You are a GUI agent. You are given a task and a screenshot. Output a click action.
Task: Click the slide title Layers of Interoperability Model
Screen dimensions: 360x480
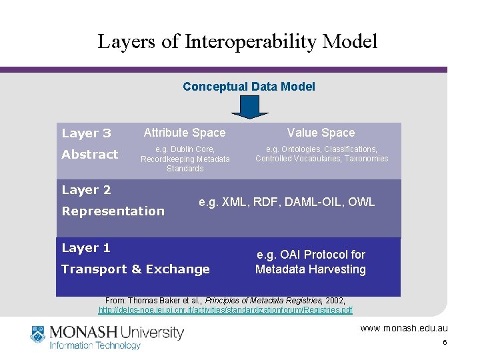(x=237, y=41)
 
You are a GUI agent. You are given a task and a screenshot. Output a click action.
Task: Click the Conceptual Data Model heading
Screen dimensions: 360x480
(x=249, y=87)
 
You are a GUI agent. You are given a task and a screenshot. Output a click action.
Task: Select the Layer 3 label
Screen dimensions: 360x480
(x=86, y=133)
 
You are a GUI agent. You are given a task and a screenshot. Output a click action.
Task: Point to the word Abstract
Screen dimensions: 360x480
(x=89, y=155)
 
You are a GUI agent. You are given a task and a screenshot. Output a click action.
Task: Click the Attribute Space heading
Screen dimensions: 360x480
(x=185, y=133)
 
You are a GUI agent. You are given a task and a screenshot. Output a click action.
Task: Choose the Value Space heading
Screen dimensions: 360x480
(x=321, y=133)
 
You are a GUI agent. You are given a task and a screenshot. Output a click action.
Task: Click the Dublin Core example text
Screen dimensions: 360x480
(x=185, y=159)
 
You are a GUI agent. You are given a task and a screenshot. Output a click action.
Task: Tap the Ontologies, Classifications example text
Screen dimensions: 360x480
(x=321, y=154)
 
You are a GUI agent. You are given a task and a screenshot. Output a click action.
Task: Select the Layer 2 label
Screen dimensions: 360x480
(x=86, y=190)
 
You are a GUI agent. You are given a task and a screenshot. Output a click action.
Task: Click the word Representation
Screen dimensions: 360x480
(x=113, y=211)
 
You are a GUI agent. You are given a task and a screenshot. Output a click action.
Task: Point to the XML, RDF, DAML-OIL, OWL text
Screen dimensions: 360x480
(x=287, y=201)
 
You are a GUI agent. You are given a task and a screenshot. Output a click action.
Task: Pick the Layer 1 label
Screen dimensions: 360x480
(x=86, y=248)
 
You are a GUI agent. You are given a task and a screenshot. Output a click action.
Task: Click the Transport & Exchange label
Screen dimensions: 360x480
(x=135, y=269)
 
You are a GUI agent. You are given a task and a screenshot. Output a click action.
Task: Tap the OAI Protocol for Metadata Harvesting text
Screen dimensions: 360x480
(x=311, y=262)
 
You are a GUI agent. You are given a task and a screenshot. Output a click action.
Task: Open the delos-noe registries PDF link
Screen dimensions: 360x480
(x=225, y=310)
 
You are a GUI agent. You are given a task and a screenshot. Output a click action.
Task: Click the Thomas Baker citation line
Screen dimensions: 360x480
(x=225, y=301)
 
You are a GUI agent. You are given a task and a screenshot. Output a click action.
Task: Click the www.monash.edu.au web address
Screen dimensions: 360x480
(x=404, y=328)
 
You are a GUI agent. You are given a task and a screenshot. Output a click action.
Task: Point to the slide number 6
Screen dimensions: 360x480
(x=444, y=343)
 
